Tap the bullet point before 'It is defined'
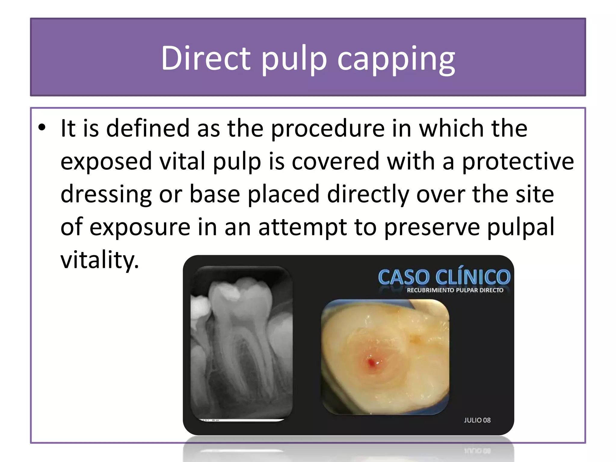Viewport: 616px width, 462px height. click(x=42, y=128)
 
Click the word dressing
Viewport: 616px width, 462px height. click(x=106, y=195)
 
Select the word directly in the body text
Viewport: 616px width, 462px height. click(x=368, y=194)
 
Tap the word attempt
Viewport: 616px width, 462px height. click(x=302, y=227)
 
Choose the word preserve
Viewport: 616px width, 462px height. click(x=432, y=228)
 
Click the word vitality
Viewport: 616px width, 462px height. click(x=100, y=260)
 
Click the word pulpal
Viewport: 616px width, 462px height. click(x=521, y=228)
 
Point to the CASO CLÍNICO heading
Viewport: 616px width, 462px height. click(x=444, y=276)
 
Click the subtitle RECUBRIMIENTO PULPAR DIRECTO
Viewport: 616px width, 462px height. click(x=455, y=290)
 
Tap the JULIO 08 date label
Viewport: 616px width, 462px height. click(x=477, y=420)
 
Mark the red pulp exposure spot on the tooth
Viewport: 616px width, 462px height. click(x=373, y=363)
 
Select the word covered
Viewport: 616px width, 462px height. click(x=335, y=162)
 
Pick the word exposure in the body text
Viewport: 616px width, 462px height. click(x=140, y=227)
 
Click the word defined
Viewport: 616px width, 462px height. click(x=148, y=129)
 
